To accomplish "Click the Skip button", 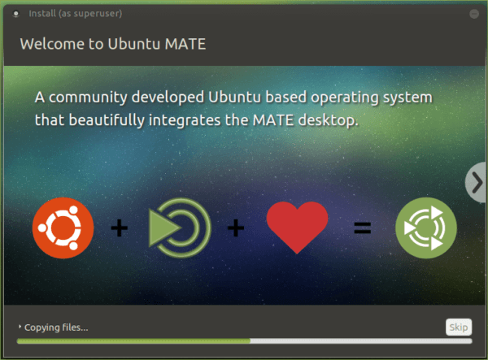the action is coord(459,327).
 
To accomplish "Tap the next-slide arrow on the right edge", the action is coord(476,183).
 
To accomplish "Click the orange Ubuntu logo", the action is coord(63,228).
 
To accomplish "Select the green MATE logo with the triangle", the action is coord(180,228).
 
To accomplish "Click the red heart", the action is coord(297,228).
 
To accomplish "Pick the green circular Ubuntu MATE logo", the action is coord(426,228).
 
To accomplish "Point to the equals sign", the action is coord(363,228).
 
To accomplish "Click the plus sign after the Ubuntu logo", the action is coord(120,228).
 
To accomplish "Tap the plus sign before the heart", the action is coord(236,228).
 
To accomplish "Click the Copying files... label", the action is coord(56,327).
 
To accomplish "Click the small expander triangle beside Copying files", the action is coord(20,327).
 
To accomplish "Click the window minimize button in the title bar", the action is coord(474,14).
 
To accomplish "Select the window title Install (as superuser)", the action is coord(76,14).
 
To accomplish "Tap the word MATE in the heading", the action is coord(185,44).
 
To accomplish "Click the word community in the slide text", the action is coord(88,98).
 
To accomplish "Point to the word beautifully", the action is coord(107,120).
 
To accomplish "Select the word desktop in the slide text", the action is coord(328,120).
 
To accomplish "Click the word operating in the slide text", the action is coord(345,98).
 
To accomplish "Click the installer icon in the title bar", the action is coord(16,14).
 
